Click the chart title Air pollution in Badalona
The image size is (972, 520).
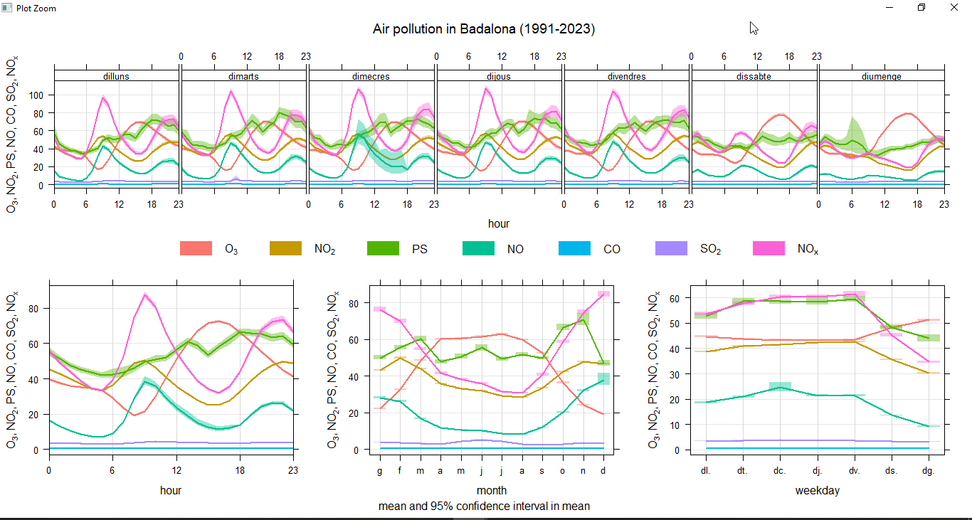pyautogui.click(x=484, y=29)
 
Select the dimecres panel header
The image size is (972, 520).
pyautogui.click(x=371, y=76)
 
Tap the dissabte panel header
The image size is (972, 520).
pyautogui.click(x=754, y=76)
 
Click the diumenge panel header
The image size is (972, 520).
pyautogui.click(x=881, y=76)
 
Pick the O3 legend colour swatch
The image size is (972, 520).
pyautogui.click(x=196, y=249)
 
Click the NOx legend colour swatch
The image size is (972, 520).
pyautogui.click(x=768, y=249)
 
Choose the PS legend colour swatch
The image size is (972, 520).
pyautogui.click(x=383, y=249)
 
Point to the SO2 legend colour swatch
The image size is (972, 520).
pyautogui.click(x=671, y=249)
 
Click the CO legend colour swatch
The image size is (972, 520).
pyautogui.click(x=575, y=249)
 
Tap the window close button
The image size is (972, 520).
pyautogui.click(x=954, y=8)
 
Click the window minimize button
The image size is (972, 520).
pyautogui.click(x=889, y=8)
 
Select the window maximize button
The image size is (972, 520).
pyautogui.click(x=921, y=8)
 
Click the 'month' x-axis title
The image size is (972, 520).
pyautogui.click(x=492, y=490)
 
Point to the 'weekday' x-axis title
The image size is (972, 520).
pyautogui.click(x=818, y=490)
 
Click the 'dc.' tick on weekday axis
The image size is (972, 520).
pyautogui.click(x=780, y=470)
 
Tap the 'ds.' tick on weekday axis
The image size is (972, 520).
pyautogui.click(x=891, y=470)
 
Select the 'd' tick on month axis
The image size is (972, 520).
pyautogui.click(x=604, y=470)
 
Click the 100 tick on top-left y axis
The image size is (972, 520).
pyautogui.click(x=36, y=95)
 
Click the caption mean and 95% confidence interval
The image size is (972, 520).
pyautogui.click(x=484, y=506)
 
